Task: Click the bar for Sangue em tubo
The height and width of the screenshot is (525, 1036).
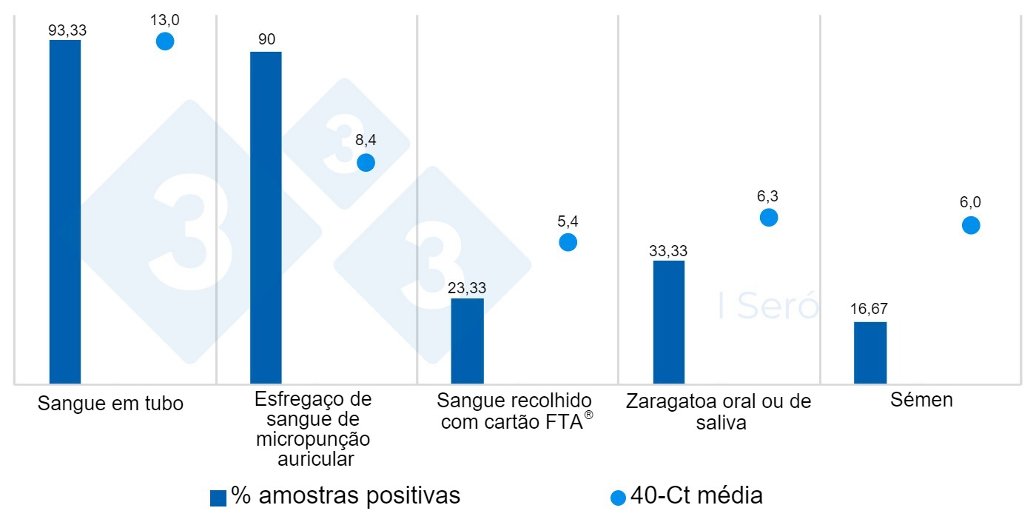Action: coord(65,212)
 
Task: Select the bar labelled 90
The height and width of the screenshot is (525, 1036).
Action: coord(266,218)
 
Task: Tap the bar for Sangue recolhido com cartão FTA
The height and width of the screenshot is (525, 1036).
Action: coord(467,341)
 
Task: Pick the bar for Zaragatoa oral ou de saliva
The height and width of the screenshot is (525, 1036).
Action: coord(669,322)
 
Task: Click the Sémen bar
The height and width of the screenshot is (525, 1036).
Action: coord(869,352)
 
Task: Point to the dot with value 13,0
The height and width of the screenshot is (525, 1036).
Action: coord(165,41)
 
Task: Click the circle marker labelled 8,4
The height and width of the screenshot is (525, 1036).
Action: coord(366,163)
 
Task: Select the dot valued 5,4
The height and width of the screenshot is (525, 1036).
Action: coord(568,242)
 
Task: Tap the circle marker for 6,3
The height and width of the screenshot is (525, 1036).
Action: coord(769,217)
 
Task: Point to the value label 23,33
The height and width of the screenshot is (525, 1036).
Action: coord(467,288)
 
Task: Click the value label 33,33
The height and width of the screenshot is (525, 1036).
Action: coord(669,250)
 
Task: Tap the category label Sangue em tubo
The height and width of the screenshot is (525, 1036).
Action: coord(111,404)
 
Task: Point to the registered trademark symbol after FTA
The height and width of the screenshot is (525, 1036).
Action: coord(589,415)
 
